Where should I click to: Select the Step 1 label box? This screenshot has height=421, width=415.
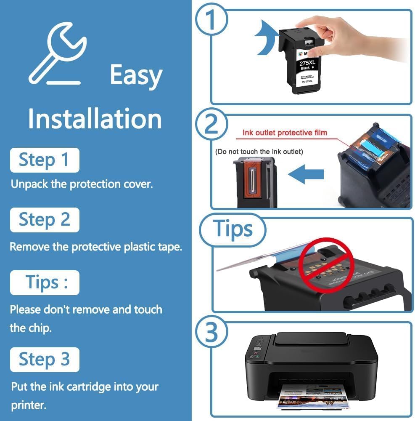coord(44,160)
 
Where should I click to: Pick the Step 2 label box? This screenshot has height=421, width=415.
coord(44,220)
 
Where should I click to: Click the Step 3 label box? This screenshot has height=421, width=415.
coord(44,360)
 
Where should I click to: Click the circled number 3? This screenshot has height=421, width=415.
coord(211,333)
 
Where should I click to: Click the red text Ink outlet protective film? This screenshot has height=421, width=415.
coord(285,133)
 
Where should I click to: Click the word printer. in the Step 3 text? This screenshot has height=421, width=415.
coord(29,406)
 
